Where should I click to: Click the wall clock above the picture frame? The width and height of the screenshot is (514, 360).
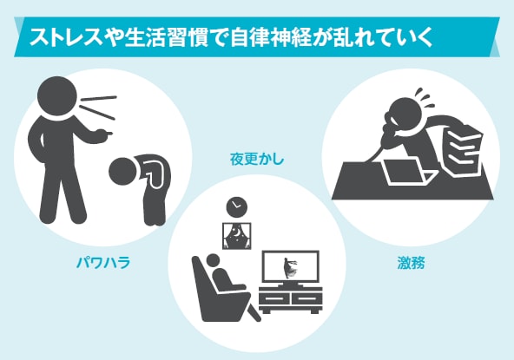pos(236,206)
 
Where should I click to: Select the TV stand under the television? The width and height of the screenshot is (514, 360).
pos(290,300)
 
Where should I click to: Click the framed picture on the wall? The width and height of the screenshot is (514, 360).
pos(236,234)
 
